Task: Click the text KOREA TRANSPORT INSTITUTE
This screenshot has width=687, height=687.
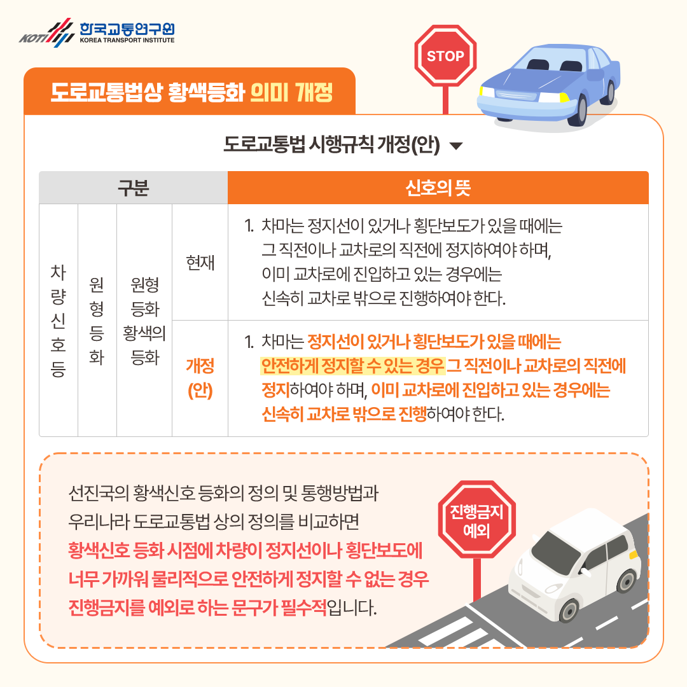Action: pyautogui.click(x=127, y=39)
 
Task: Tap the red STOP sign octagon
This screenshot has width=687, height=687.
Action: pyautogui.click(x=445, y=56)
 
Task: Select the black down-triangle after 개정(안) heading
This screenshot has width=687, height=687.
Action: pyautogui.click(x=456, y=146)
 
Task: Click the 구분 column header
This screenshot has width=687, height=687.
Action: pyautogui.click(x=133, y=188)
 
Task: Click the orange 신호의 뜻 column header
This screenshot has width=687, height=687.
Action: pyautogui.click(x=438, y=188)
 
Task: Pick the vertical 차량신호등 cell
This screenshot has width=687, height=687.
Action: pyautogui.click(x=58, y=320)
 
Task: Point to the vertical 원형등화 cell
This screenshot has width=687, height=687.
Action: pyautogui.click(x=97, y=320)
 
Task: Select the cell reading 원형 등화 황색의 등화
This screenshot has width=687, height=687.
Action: pyautogui.click(x=144, y=320)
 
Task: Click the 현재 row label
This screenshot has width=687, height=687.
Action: pyautogui.click(x=200, y=262)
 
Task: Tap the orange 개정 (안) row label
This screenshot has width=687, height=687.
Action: pyautogui.click(x=200, y=378)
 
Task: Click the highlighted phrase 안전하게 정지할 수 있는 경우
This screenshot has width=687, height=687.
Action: pyautogui.click(x=352, y=367)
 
